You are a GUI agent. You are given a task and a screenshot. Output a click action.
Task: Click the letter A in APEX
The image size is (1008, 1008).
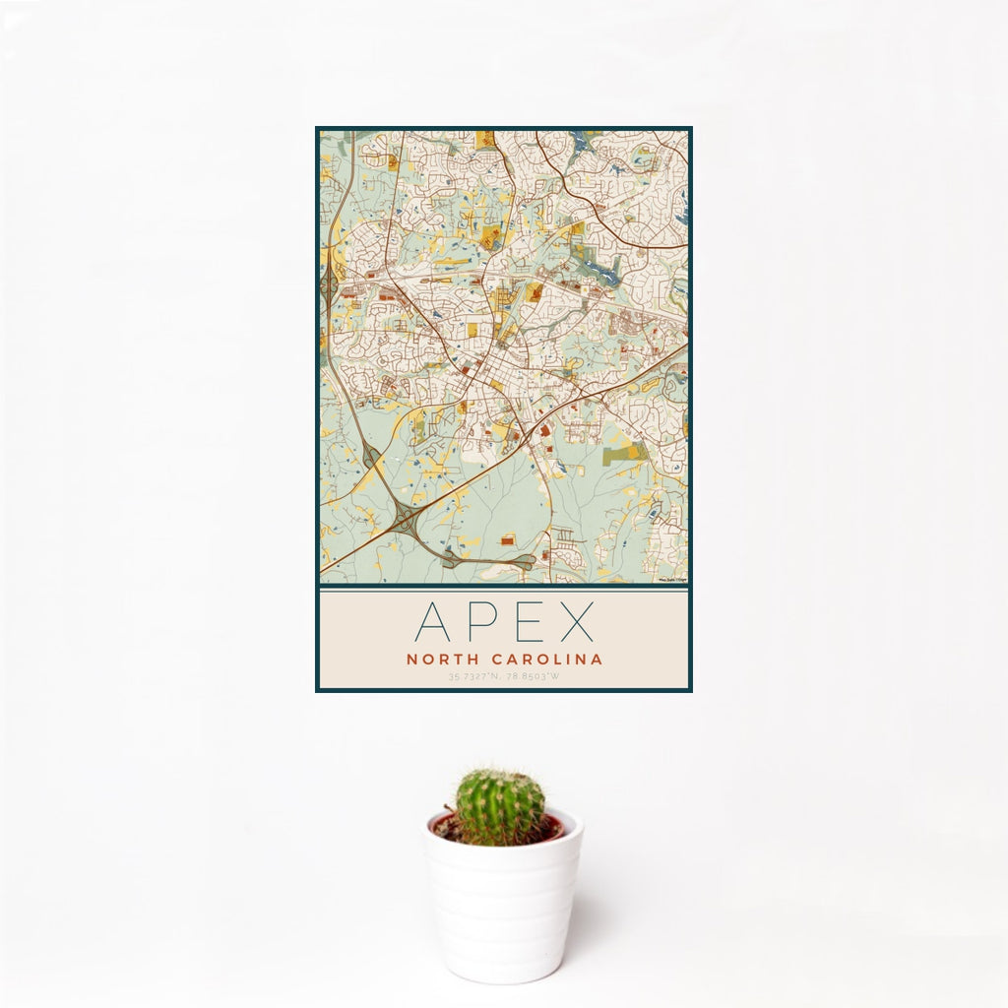point(434,622)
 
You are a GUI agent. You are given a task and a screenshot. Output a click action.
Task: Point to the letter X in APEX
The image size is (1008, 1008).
point(576,622)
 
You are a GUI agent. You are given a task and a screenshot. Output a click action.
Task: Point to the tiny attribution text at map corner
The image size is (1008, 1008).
point(672,580)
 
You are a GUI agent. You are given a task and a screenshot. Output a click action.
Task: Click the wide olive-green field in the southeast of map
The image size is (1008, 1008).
point(626,454)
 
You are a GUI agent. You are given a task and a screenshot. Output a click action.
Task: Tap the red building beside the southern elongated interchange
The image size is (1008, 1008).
point(507,540)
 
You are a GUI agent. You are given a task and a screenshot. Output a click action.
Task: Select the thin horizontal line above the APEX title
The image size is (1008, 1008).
point(503,590)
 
